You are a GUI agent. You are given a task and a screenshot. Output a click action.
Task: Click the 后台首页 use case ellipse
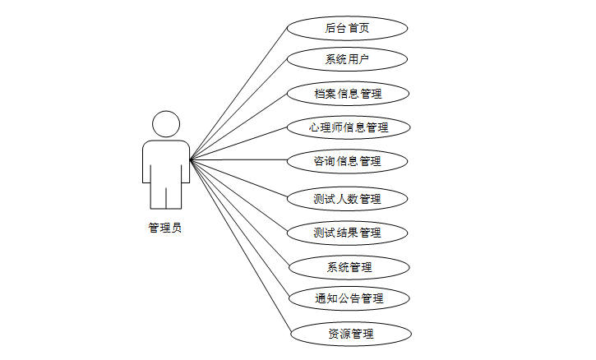pos(347,28)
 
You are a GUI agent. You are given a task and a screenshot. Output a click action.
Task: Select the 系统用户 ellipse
pos(347,59)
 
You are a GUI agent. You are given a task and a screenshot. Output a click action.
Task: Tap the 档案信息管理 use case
pos(347,93)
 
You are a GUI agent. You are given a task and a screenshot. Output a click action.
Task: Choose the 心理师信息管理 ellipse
pos(347,127)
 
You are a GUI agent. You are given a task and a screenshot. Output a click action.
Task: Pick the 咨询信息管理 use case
pos(347,160)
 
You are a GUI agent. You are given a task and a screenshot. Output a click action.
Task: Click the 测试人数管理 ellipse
pos(347,198)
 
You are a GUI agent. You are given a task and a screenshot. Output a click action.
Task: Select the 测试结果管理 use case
pos(347,233)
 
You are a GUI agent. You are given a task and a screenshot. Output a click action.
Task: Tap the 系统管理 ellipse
pos(349,267)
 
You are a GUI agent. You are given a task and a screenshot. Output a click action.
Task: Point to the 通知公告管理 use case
pos(349,298)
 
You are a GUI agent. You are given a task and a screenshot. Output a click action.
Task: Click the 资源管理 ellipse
pos(350,334)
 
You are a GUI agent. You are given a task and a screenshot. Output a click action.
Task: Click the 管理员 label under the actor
pos(165,228)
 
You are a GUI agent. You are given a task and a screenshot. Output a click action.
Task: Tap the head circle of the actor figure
pos(166,124)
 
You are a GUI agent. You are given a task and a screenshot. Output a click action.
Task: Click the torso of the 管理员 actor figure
pos(166,164)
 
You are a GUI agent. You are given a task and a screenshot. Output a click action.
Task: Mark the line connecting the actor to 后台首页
pos(238,94)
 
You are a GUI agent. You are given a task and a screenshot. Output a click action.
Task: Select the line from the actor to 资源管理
pos(241,247)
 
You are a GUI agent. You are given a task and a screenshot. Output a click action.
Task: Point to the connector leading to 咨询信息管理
pos(238,159)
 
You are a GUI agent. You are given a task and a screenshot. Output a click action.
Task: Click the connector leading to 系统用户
pos(238,109)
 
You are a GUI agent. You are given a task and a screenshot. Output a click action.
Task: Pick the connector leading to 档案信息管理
pos(238,126)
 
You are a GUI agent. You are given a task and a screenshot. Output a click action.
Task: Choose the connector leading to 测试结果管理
pos(238,196)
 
